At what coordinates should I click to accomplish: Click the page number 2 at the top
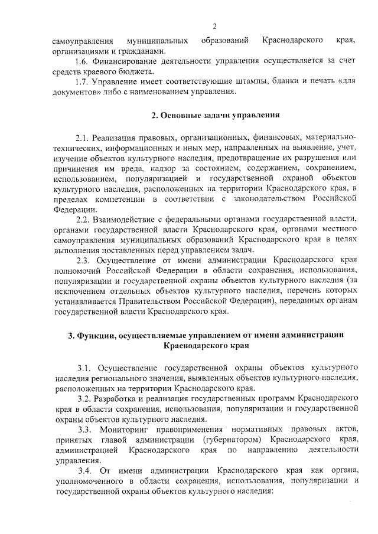215,26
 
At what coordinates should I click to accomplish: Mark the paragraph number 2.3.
83,260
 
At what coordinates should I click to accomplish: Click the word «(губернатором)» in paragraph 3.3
231,440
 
